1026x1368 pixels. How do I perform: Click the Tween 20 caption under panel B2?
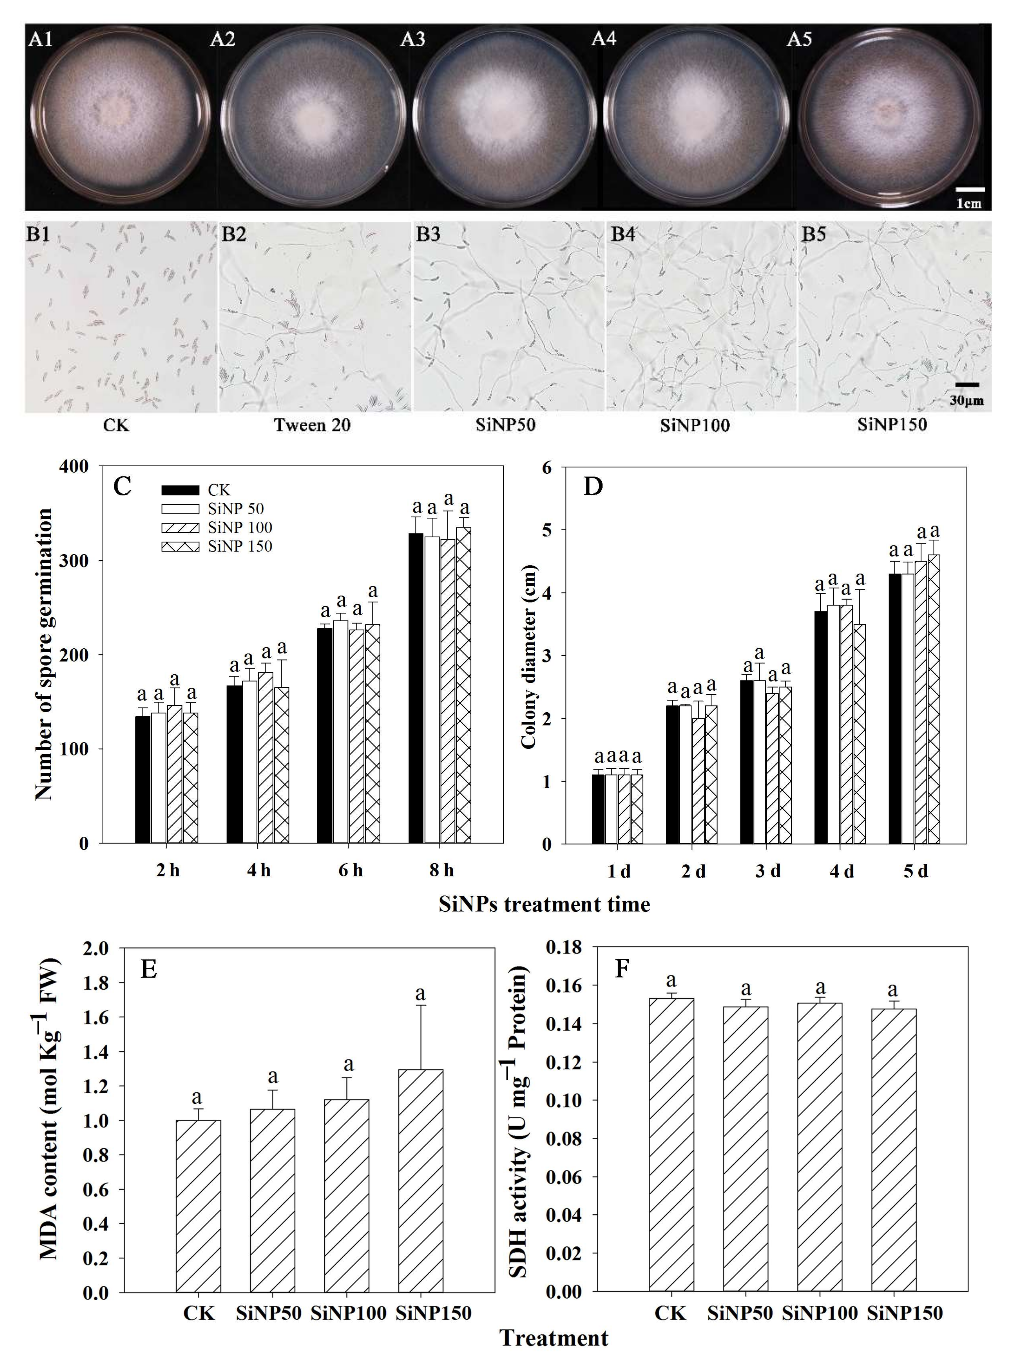point(312,425)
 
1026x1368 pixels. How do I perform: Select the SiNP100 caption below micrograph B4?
point(694,425)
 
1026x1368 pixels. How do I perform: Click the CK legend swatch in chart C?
point(180,490)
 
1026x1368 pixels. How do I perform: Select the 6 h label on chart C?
point(350,870)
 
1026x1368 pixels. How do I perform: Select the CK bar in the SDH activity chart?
point(671,1144)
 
